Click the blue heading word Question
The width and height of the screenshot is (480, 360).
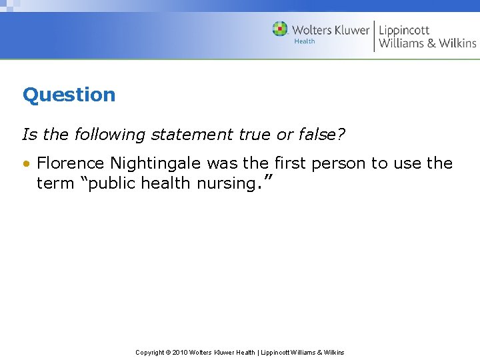click(69, 95)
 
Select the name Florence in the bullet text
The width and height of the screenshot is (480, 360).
click(70, 163)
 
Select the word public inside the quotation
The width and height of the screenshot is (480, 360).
click(109, 183)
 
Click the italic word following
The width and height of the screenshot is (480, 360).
click(109, 135)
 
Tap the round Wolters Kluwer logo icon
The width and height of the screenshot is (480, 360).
click(280, 29)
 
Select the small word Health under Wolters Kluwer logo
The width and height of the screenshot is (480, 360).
click(305, 41)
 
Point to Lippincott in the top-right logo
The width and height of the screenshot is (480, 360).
click(404, 30)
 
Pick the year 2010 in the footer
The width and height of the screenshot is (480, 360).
click(180, 352)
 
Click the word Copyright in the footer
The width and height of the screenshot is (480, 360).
click(150, 352)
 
